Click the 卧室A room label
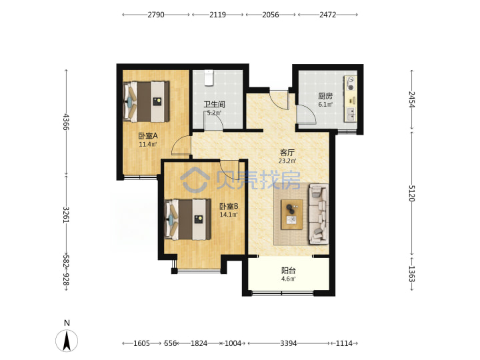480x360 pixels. point(148,135)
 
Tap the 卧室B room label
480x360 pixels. point(229,206)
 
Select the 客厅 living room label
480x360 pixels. point(287,152)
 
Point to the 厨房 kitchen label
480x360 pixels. point(325,96)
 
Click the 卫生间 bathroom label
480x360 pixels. point(214,105)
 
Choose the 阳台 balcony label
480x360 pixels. point(289,270)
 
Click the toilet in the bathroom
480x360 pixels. point(209,78)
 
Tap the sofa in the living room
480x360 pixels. point(319,214)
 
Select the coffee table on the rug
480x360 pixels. point(292,214)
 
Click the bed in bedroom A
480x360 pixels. point(146,101)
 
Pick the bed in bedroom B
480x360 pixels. point(187,219)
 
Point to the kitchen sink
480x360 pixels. point(351,114)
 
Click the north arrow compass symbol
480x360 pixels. point(67,341)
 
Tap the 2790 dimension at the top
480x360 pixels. point(156,15)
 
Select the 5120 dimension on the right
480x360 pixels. point(412,193)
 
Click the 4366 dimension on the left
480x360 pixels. point(66,121)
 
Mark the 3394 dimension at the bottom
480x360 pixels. point(289,343)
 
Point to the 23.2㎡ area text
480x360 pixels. point(287,161)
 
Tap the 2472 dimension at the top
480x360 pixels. point(327,15)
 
